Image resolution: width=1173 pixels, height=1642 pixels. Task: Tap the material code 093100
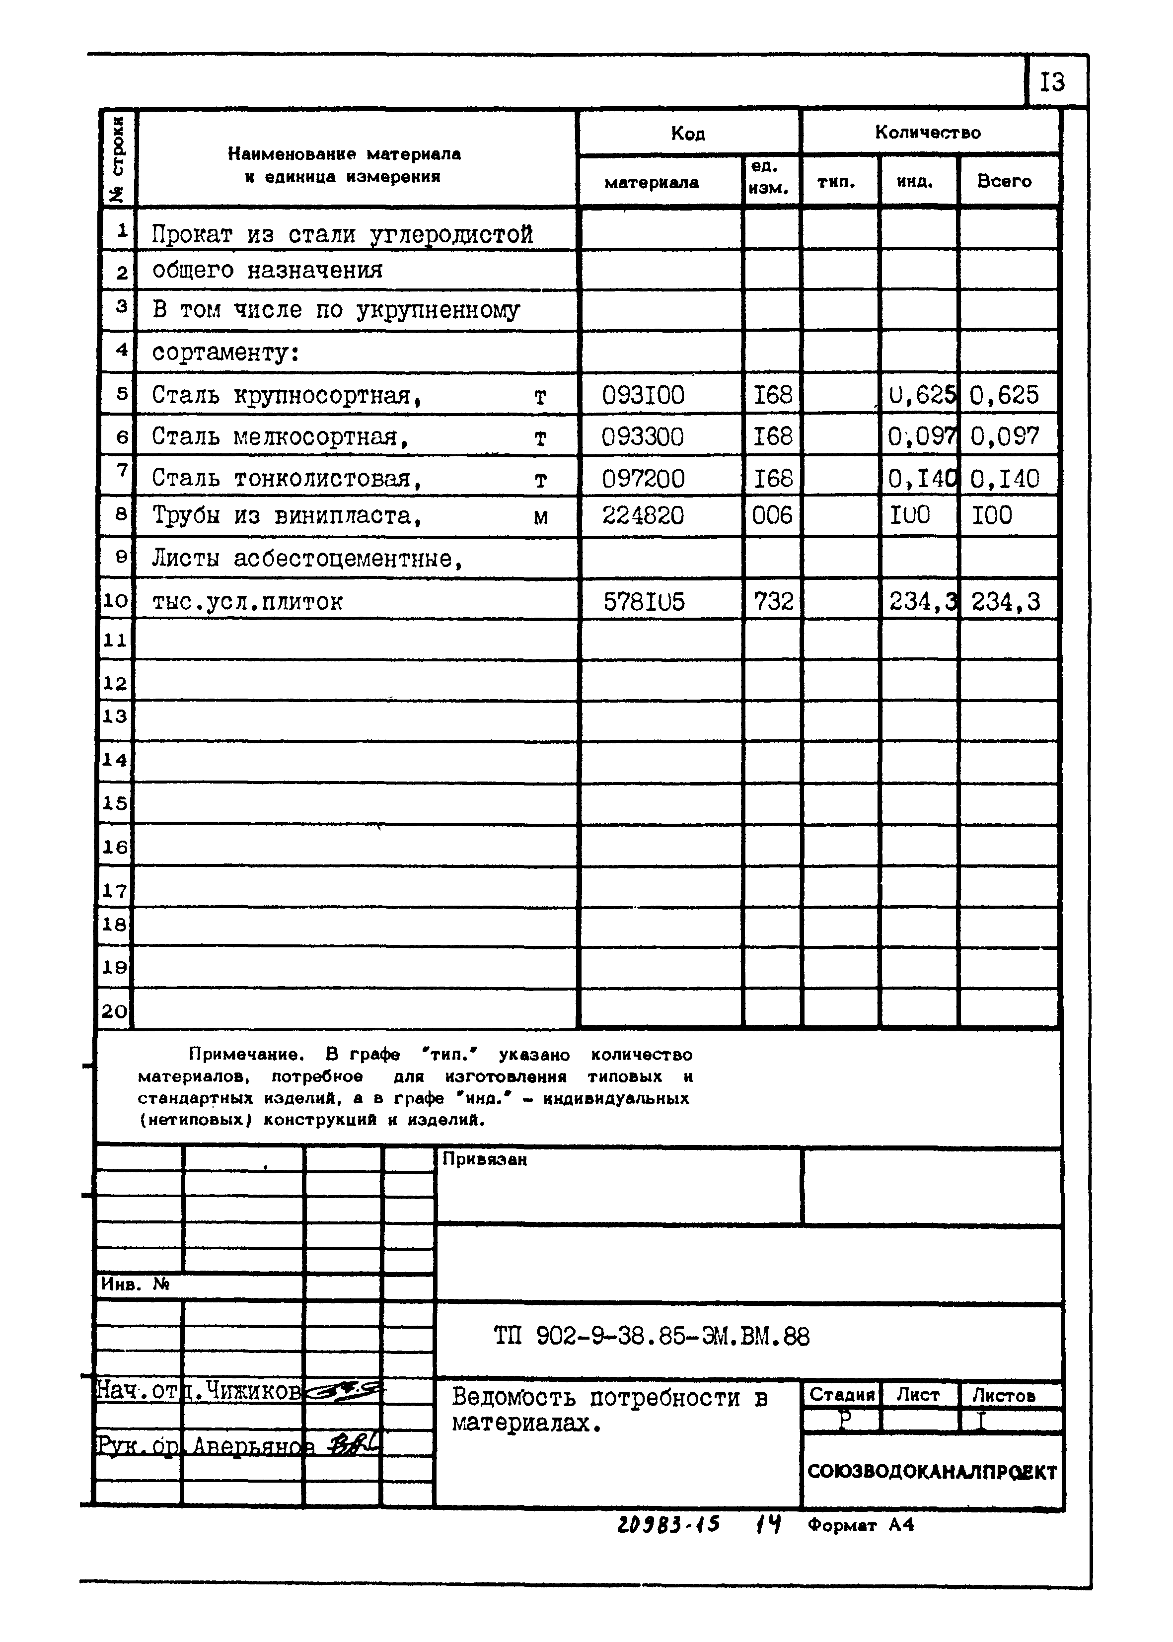point(643,395)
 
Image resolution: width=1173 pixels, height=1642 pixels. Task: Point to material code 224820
point(643,515)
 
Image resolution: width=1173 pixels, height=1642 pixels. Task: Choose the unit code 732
point(773,601)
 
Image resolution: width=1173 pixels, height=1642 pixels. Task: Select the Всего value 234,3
point(1006,601)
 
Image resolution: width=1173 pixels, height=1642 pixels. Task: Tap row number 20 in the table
point(114,1011)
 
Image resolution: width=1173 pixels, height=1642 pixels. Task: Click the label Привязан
point(485,1159)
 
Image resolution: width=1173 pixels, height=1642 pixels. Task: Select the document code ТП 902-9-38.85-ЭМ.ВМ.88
point(652,1336)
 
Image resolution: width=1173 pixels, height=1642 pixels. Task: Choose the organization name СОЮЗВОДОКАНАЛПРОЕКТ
point(932,1472)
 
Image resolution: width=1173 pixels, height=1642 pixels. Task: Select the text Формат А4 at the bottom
point(861,1525)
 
